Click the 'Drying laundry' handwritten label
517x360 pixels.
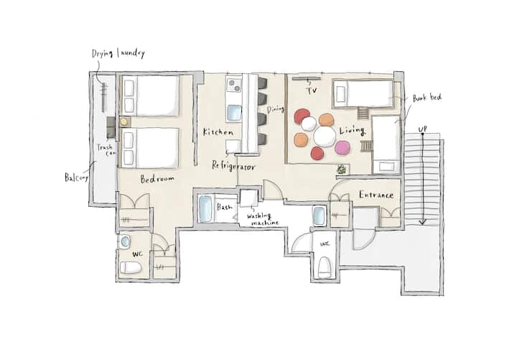(118, 53)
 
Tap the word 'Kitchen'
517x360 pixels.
(218, 132)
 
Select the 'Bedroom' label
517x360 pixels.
(157, 179)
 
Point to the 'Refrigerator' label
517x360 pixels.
(233, 166)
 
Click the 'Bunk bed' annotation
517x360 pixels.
(427, 98)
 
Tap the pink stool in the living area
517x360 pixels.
(343, 147)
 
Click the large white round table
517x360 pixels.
(325, 137)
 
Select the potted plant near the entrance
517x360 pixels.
(342, 170)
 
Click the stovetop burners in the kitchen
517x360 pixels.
(234, 85)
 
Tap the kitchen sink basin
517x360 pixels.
(234, 113)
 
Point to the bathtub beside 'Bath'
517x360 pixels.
(205, 209)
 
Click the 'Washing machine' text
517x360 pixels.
(263, 219)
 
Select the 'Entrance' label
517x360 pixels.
(376, 195)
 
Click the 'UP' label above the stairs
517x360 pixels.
(423, 129)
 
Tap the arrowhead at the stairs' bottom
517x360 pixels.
(422, 222)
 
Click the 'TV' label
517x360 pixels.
(312, 90)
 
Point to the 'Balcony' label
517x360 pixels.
(77, 177)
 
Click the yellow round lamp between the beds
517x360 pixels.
(124, 121)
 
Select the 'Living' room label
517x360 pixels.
(352, 130)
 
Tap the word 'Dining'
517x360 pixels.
(275, 109)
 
